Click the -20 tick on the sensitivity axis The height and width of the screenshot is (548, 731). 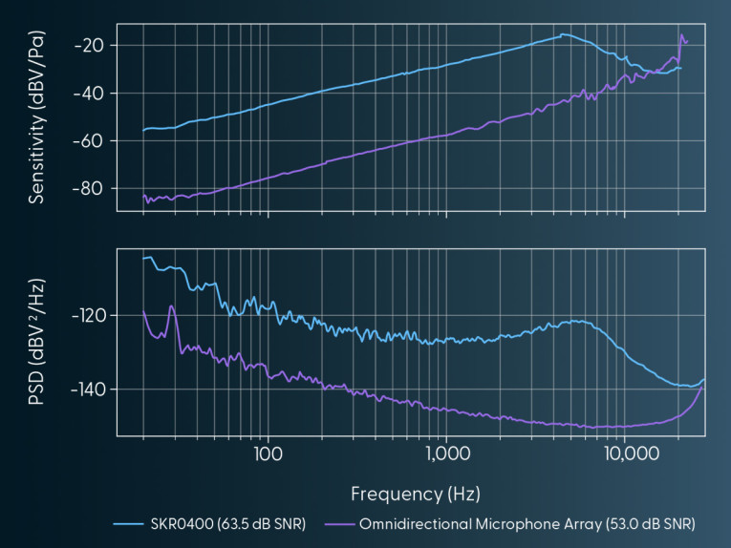pos(93,45)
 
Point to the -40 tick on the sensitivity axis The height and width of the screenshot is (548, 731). pos(93,93)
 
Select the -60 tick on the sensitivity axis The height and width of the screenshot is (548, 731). pos(93,140)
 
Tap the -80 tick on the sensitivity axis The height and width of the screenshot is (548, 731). pos(93,188)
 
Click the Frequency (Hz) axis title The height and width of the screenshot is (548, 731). pos(415,494)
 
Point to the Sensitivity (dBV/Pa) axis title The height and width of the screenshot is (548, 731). pos(38,116)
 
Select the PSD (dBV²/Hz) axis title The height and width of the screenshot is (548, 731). pos(38,341)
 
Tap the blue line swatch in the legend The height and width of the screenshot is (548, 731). pos(128,524)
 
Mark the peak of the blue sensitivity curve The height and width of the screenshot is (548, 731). pos(563,34)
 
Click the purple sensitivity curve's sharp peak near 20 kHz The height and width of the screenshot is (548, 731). pos(681,35)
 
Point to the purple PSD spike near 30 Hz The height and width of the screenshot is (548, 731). pos(171,306)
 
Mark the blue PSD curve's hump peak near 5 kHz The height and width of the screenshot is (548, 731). pos(577,321)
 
